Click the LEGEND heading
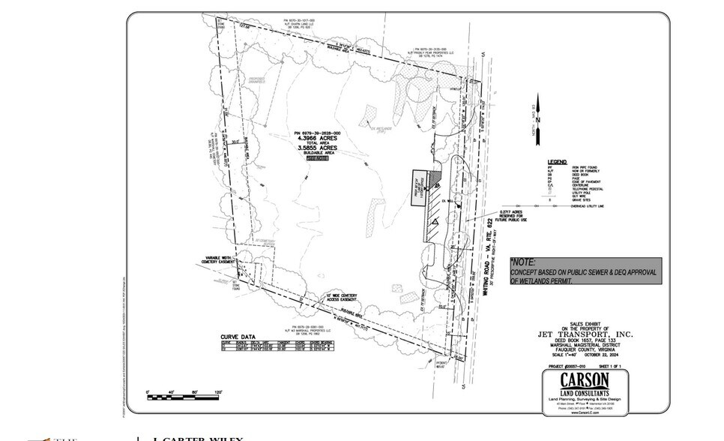pos(557,161)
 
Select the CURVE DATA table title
pos(239,337)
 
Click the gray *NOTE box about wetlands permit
pos(585,271)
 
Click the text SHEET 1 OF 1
pos(610,366)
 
